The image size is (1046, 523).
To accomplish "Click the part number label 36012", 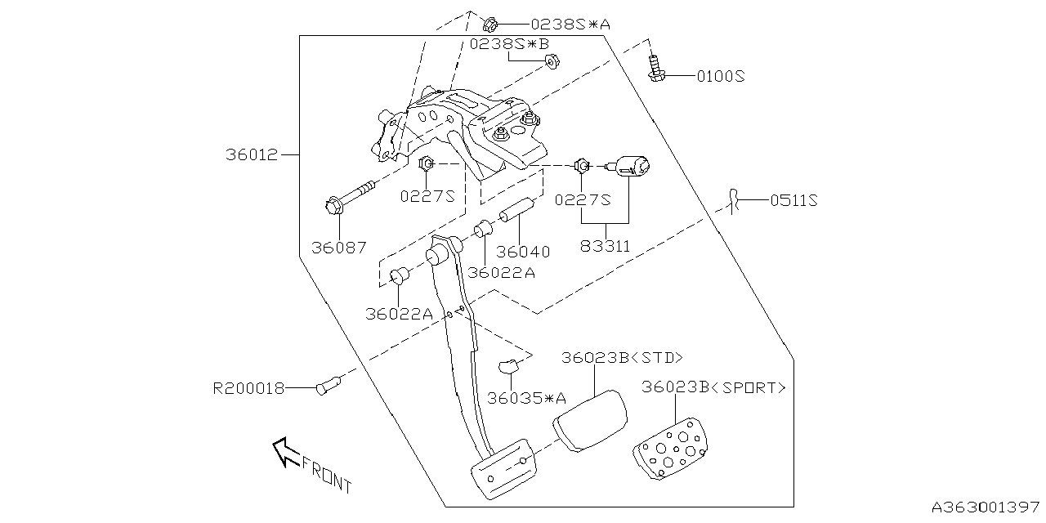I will tap(253, 154).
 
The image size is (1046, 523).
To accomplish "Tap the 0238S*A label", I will tap(570, 25).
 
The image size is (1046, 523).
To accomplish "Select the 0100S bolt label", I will tap(721, 76).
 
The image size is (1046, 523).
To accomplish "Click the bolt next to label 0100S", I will tap(655, 68).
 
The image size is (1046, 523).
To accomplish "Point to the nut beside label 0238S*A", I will tap(492, 23).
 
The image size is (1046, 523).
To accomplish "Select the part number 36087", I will tap(338, 247).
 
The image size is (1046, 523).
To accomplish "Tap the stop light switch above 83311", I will tap(633, 167).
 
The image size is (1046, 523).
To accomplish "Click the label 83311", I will tap(605, 244).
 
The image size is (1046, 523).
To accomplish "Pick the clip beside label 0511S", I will tap(734, 200).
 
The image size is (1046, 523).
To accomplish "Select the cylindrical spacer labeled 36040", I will tap(516, 210).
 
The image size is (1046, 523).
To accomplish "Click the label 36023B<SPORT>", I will tap(713, 387).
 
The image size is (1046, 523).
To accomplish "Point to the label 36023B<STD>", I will tap(621, 358).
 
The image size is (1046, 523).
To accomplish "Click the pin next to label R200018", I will tap(330, 384).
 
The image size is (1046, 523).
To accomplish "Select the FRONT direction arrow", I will tap(286, 451).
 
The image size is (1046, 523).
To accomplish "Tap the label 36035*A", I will tap(526, 398).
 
